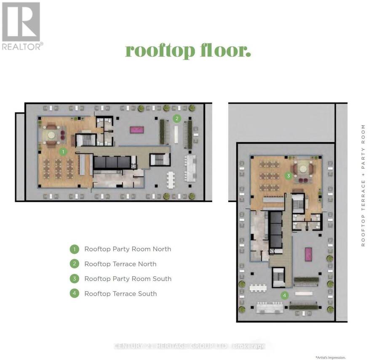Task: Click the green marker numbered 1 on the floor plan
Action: [63, 152]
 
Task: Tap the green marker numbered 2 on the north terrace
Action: [177, 118]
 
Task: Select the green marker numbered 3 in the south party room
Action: [288, 175]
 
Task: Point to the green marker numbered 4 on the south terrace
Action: [285, 295]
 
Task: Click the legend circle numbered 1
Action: [75, 249]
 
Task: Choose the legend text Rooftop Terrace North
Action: [120, 264]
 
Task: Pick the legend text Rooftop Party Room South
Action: [128, 279]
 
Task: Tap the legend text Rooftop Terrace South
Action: [120, 294]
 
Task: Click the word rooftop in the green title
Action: [160, 51]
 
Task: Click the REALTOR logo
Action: [22, 26]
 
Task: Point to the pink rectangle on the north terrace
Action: [137, 130]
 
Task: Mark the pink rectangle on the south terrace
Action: [308, 254]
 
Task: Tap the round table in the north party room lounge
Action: [51, 135]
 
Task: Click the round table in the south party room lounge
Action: [303, 169]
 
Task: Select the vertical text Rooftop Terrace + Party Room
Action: [363, 185]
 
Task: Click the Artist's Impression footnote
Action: [331, 357]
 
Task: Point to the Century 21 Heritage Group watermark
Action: [189, 346]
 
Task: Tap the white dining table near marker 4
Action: [258, 288]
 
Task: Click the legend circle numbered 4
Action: [75, 294]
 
